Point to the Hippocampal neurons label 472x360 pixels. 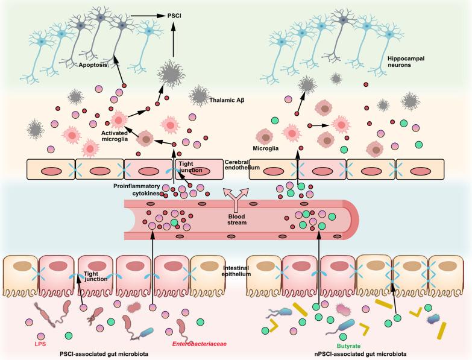(404, 62)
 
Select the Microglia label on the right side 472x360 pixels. (264, 147)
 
